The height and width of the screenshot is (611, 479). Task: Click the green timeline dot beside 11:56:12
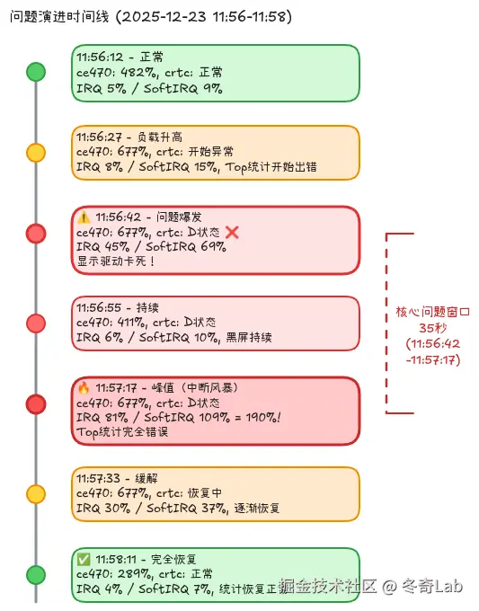[36, 72]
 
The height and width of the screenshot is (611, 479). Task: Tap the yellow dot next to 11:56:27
[36, 153]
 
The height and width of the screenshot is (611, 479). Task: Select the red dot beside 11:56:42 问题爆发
[36, 234]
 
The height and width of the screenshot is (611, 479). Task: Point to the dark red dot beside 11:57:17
[36, 404]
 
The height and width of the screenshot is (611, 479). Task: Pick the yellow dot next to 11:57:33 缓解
[36, 493]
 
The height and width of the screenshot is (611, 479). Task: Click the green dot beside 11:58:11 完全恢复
[36, 574]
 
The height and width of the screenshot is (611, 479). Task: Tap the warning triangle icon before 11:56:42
[84, 217]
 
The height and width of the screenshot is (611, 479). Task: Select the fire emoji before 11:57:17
[84, 388]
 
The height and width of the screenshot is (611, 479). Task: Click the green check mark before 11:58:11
[84, 558]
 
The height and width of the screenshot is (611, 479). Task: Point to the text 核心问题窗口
[433, 313]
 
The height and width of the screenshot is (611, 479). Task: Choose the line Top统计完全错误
[122, 432]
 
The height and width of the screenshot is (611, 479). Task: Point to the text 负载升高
[161, 137]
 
